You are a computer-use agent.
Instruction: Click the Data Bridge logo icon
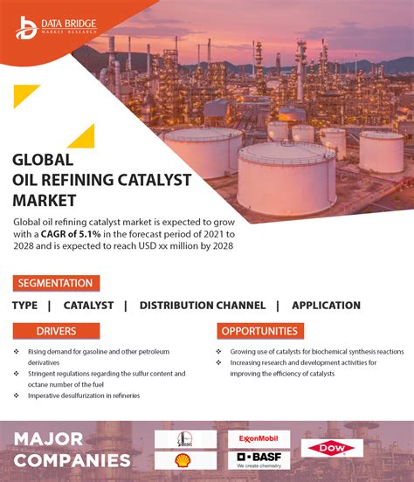tap(26, 26)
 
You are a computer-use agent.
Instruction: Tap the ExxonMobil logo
tap(259, 438)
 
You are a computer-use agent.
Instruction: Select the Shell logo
tap(185, 460)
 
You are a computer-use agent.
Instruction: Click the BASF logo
tap(259, 459)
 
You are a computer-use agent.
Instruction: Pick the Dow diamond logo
tap(332, 449)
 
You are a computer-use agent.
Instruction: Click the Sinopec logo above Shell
tap(185, 438)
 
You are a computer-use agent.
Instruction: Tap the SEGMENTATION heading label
tap(56, 283)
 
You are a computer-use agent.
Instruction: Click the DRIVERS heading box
tap(56, 331)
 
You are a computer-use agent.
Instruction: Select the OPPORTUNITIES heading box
tap(260, 331)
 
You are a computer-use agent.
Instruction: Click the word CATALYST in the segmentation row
tap(88, 306)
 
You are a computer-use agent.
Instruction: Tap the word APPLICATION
tap(326, 306)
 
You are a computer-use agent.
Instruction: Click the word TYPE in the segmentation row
tap(24, 306)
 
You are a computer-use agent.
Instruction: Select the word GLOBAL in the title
tap(43, 160)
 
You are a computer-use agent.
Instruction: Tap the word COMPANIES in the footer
tap(71, 460)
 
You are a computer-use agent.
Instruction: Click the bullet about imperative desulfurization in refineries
tap(83, 396)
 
